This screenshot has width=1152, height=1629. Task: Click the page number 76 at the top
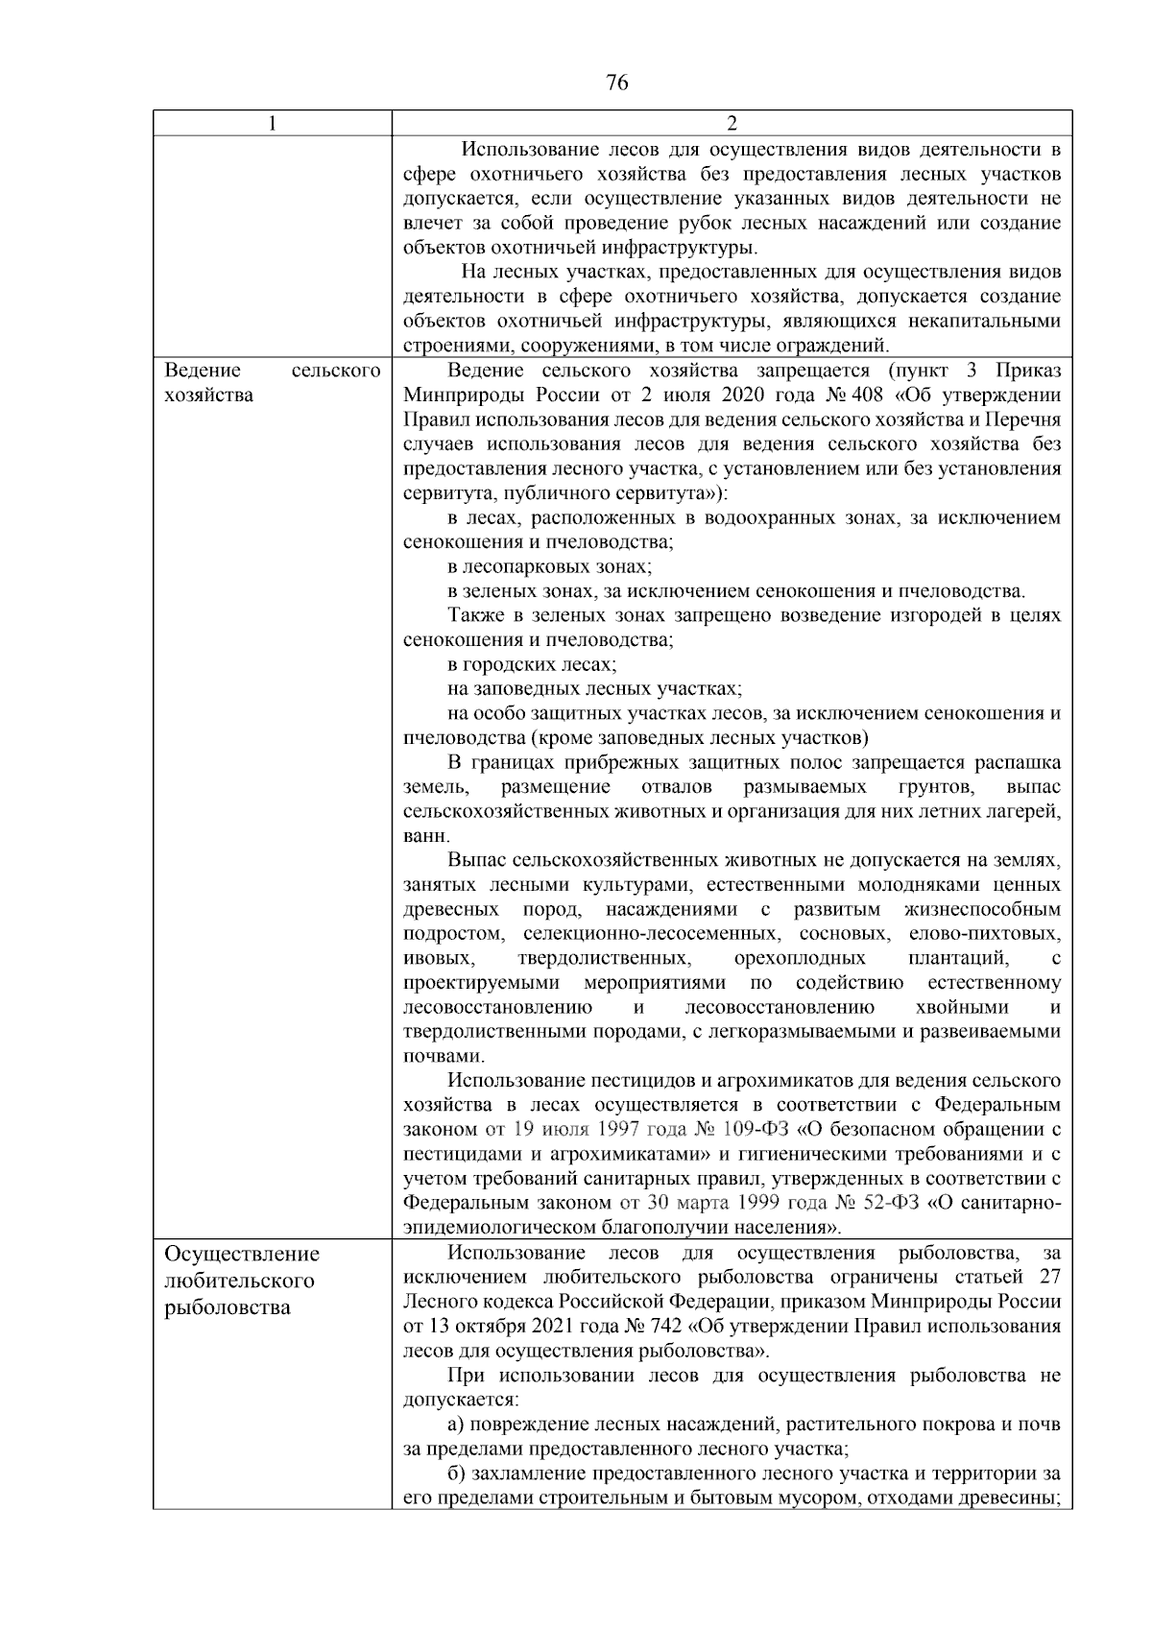click(617, 83)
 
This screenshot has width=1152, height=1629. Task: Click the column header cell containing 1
click(272, 123)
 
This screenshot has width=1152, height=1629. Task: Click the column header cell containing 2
click(732, 123)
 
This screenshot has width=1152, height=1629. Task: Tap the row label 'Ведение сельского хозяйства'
click(272, 383)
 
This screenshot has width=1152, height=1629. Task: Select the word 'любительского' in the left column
click(240, 1281)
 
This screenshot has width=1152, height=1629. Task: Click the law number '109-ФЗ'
click(734, 1129)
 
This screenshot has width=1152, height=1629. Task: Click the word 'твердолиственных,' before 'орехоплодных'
click(605, 958)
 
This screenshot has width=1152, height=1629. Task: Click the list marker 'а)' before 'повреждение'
click(457, 1425)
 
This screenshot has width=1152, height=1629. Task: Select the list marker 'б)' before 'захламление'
click(457, 1473)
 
